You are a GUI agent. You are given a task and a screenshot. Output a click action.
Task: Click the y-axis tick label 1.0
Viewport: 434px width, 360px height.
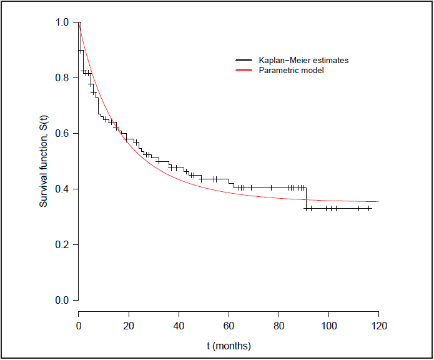pos(62,22)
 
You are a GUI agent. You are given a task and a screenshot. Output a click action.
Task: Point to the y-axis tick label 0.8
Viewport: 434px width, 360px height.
pos(62,78)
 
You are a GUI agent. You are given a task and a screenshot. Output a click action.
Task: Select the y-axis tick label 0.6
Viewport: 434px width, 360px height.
pos(62,134)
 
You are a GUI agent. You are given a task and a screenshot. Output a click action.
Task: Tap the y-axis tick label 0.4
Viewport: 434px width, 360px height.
pos(62,189)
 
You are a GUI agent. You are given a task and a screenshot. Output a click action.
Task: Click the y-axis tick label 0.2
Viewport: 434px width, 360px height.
pos(62,245)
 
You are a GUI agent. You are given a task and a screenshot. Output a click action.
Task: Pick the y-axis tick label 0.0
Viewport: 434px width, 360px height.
pos(62,301)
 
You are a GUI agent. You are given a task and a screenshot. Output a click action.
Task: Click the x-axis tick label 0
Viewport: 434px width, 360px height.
pos(79,326)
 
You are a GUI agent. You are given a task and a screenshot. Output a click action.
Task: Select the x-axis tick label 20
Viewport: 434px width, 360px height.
pos(129,326)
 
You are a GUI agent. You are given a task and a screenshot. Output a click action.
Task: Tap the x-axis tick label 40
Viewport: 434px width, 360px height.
pos(179,326)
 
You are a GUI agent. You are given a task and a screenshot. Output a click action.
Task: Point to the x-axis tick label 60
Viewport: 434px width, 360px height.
pos(229,326)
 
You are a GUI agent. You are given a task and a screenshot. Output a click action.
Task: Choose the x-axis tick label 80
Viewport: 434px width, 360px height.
pos(279,326)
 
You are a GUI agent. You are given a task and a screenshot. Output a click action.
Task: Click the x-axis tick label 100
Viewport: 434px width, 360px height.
pos(328,326)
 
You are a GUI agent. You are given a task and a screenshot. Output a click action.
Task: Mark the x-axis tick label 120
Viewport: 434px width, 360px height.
pos(378,326)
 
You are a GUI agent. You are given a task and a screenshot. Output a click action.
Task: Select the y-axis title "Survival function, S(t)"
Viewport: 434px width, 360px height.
pos(44,161)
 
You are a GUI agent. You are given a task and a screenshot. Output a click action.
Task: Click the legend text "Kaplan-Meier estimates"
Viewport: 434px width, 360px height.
pos(303,61)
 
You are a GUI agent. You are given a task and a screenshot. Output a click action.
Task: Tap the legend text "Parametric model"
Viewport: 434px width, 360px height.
pos(291,71)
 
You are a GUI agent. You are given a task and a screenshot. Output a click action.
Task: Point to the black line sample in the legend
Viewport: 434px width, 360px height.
pos(244,61)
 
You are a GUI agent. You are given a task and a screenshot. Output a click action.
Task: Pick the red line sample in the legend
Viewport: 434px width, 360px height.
pos(244,71)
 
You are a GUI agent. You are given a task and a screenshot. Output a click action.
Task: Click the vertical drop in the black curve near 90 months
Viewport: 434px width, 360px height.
pos(306,197)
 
